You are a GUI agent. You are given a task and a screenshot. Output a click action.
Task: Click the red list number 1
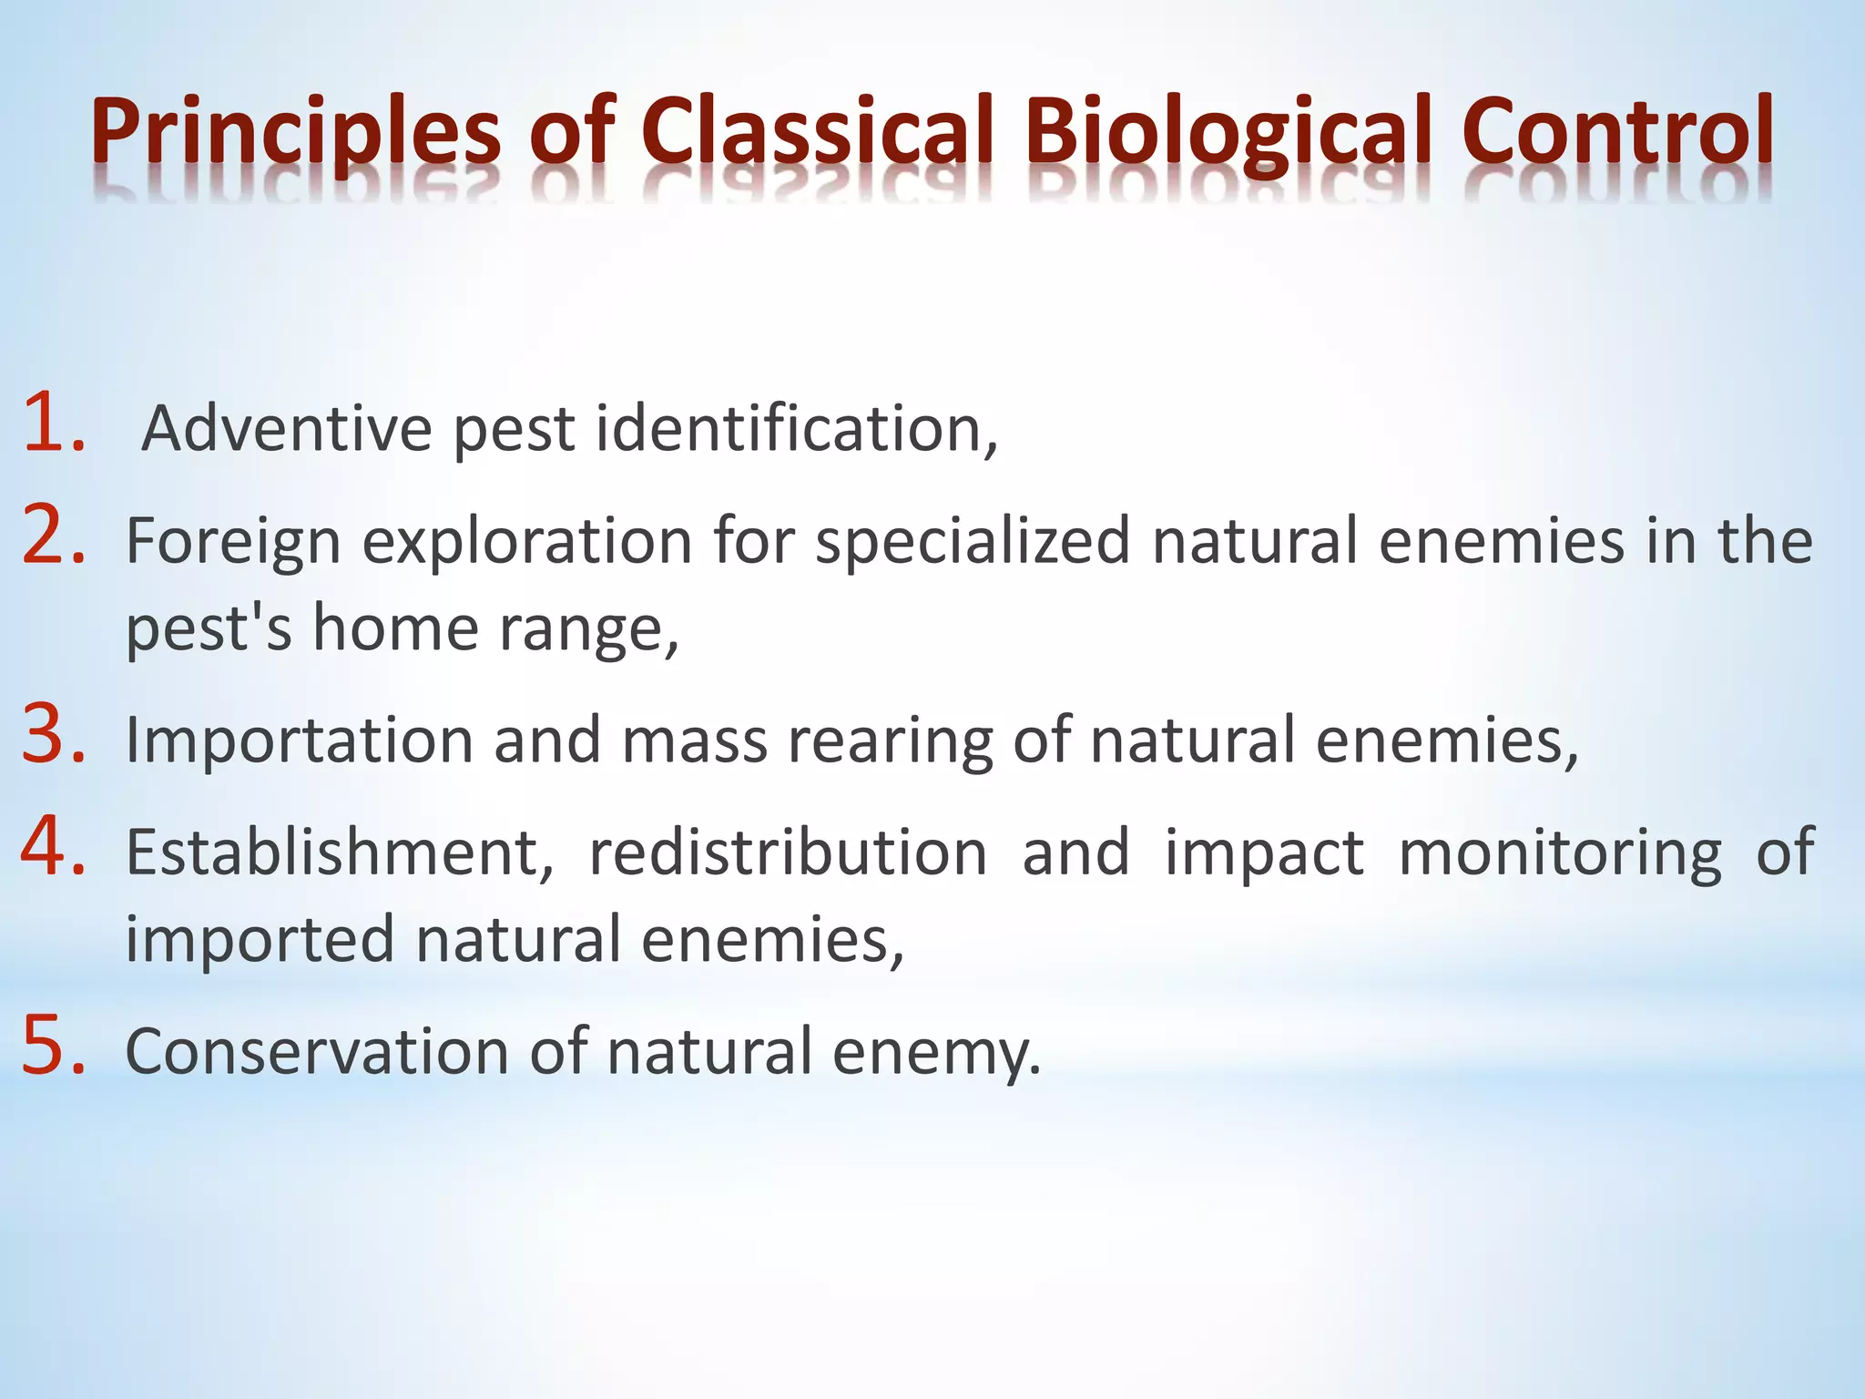pos(53,423)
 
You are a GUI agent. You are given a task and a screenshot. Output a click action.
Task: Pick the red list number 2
pos(53,535)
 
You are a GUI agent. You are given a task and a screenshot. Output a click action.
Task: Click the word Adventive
pos(287,428)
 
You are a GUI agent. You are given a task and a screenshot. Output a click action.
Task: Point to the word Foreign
pos(233,541)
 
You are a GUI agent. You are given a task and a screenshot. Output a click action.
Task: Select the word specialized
pos(973,541)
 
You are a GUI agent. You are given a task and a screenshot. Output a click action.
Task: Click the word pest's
pos(209,628)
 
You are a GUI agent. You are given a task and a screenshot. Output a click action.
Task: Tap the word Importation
pos(300,740)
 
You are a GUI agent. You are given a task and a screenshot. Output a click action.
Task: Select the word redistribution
pos(788,853)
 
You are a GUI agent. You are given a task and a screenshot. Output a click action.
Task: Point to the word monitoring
pos(1560,854)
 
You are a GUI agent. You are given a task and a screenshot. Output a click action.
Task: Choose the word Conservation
pos(317,1051)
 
